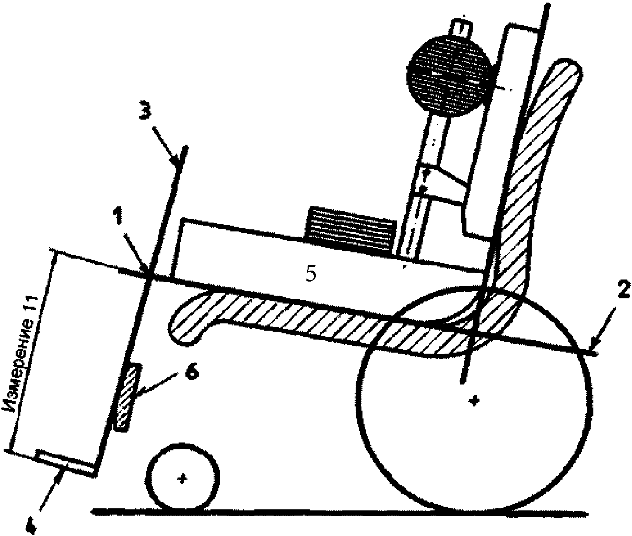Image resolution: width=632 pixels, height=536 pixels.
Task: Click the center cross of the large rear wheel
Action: (x=474, y=401)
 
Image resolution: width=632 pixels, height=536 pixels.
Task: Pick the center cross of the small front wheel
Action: (x=182, y=479)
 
